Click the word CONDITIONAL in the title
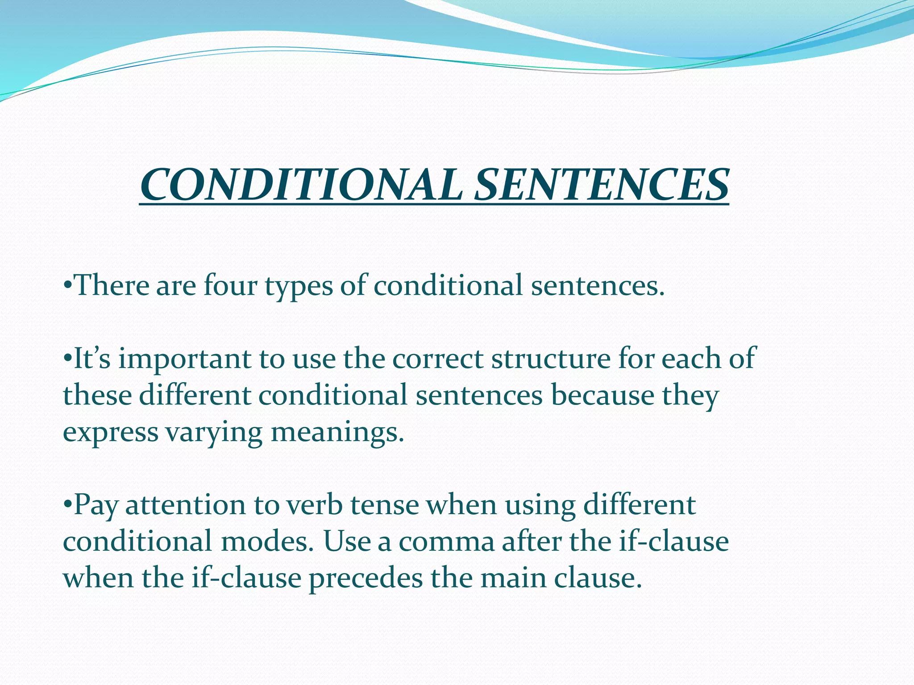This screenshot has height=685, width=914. click(x=300, y=185)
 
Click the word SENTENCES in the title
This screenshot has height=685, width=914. click(x=601, y=185)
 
